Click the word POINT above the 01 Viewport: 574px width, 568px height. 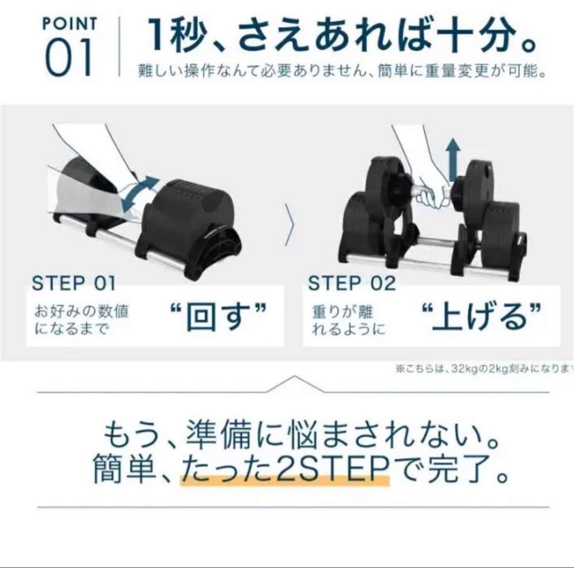coord(69,24)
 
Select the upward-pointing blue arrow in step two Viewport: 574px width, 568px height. coord(453,160)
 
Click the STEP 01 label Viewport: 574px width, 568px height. coord(73,283)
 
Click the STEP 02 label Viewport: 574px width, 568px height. coord(352,283)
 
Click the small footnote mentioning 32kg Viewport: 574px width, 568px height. coord(484,369)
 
